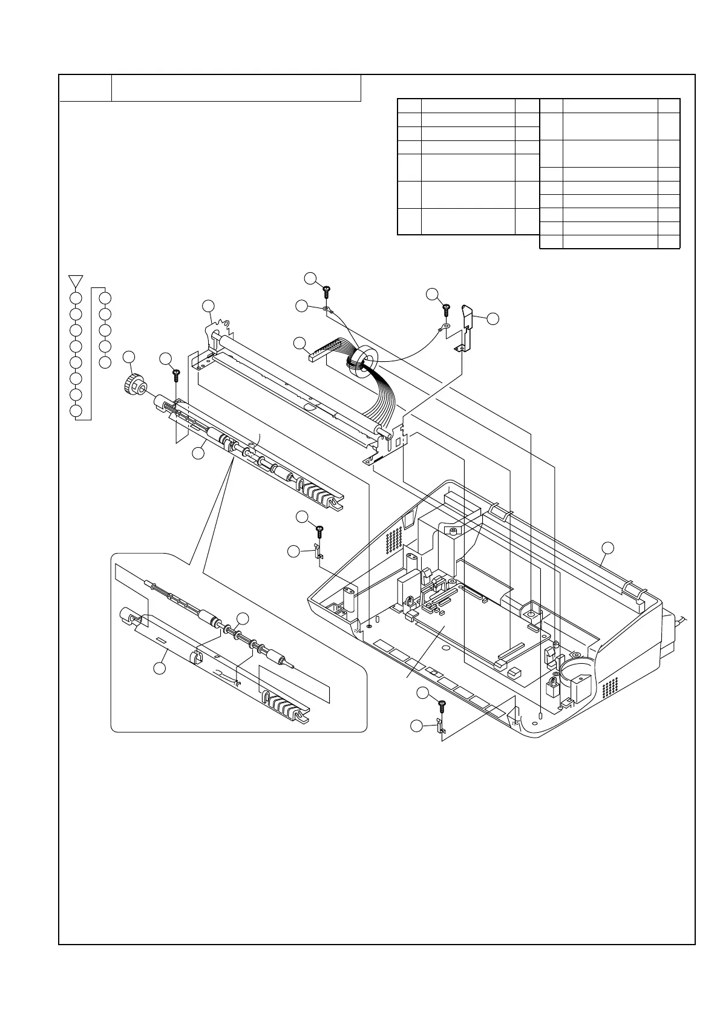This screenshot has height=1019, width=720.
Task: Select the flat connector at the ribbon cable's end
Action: pos(313,356)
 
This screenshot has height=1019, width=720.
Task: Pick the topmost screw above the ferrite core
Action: pos(326,292)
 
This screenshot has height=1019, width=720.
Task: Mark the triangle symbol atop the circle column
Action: pos(76,281)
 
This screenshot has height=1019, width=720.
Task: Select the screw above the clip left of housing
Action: pos(319,531)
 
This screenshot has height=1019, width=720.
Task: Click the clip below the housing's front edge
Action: pos(440,724)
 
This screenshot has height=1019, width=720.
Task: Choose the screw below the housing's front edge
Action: pos(442,704)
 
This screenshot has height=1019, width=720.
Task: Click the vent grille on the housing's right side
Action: pos(610,686)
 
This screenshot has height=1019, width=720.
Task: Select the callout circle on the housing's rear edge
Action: pos(608,548)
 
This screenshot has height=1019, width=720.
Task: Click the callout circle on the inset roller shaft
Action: pos(243,618)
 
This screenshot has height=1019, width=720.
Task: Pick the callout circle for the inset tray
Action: pos(159,668)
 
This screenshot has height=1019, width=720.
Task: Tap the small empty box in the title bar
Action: pos(85,88)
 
